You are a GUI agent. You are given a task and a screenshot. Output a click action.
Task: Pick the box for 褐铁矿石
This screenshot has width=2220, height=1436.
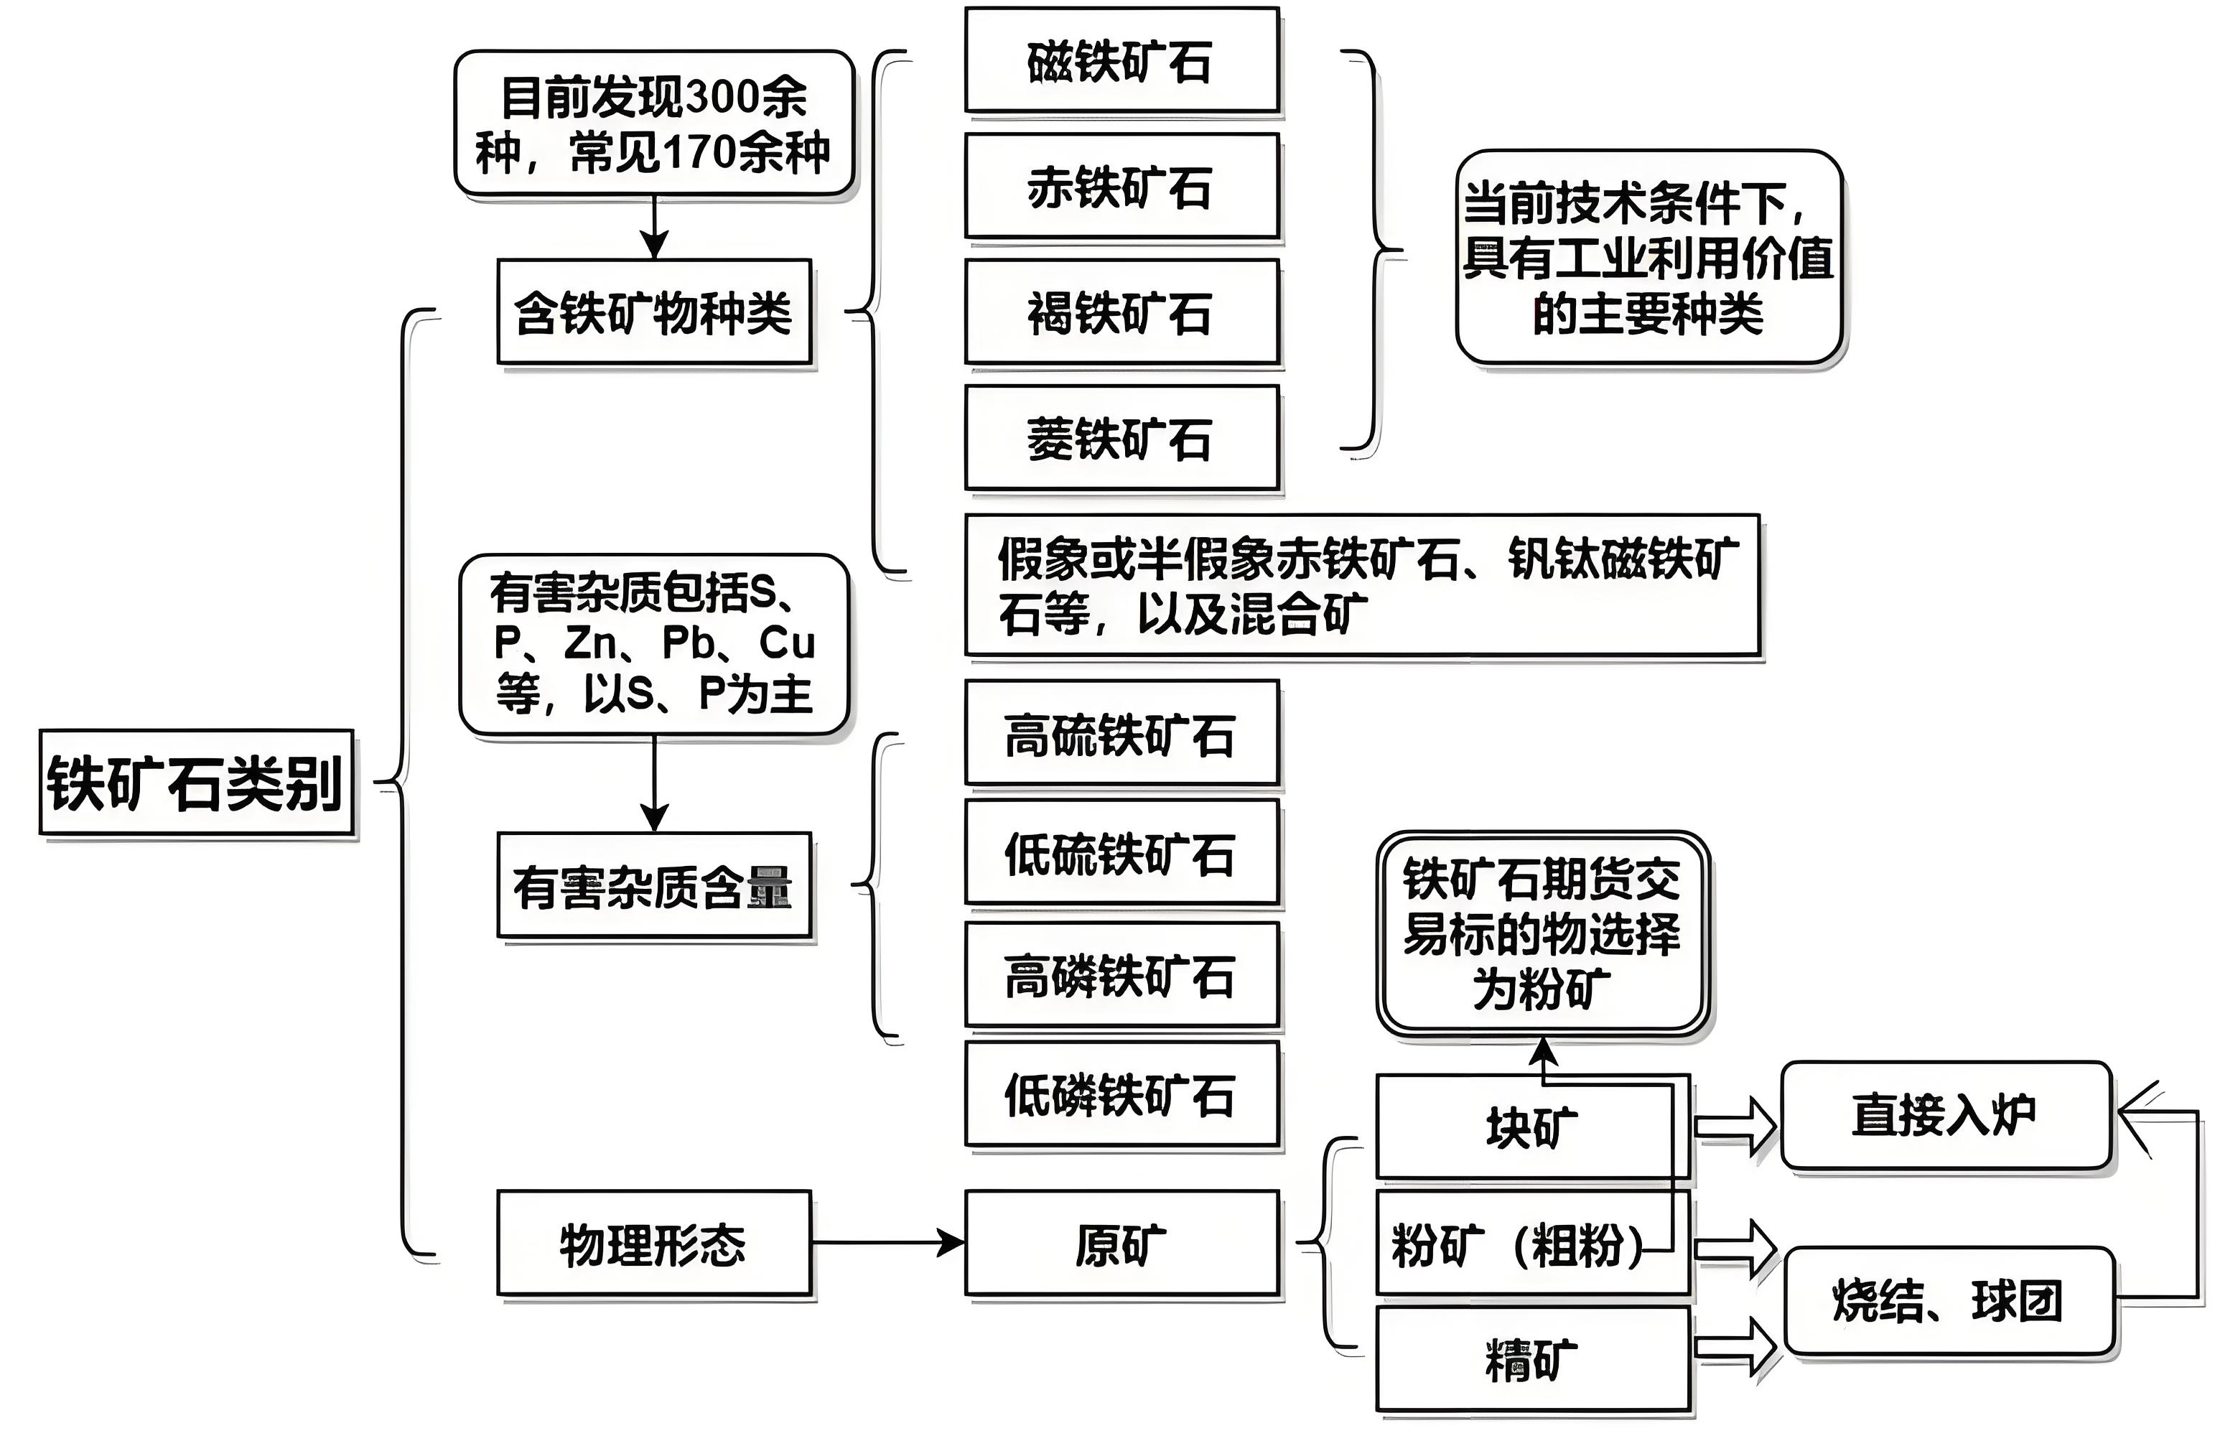(x=1121, y=312)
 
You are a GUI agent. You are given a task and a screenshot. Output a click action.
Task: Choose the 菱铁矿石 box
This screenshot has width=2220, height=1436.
(x=1121, y=437)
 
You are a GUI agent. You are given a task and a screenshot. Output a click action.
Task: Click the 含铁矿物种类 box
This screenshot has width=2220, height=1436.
(x=653, y=312)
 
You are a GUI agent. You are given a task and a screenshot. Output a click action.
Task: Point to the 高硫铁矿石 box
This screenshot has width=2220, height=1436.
(x=1121, y=733)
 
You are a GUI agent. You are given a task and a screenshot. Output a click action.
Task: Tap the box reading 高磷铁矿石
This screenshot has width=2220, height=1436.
(x=1121, y=974)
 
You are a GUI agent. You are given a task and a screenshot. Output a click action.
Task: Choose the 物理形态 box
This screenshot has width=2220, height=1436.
(x=653, y=1243)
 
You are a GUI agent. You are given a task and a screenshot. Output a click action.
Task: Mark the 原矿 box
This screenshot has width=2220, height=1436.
(x=1121, y=1243)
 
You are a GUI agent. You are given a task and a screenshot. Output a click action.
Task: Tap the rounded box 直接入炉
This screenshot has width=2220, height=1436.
(x=1945, y=1114)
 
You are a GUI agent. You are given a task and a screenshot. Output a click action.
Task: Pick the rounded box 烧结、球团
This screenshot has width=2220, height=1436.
(x=1949, y=1301)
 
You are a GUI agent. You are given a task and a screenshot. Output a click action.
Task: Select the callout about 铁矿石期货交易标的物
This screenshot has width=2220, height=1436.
(x=1542, y=933)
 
